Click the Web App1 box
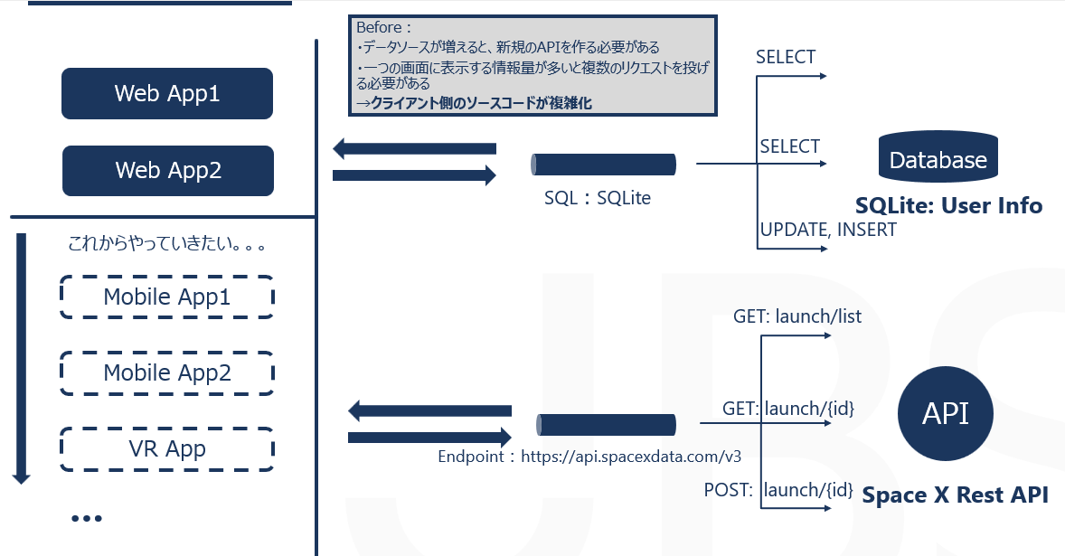tap(167, 93)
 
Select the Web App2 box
tap(167, 170)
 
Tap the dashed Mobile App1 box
tap(167, 297)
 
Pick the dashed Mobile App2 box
tap(167, 372)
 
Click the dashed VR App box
tap(167, 448)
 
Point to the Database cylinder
tap(938, 158)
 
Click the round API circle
tap(945, 414)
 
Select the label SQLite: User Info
tap(948, 206)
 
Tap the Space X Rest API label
tap(955, 495)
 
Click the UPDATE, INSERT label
tap(828, 230)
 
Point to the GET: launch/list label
tap(796, 316)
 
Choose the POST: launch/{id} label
tap(778, 490)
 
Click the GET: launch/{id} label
tap(788, 409)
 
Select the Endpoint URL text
tap(595, 456)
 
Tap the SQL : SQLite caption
tap(597, 197)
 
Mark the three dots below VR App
tap(86, 518)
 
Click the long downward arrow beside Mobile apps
tap(22, 358)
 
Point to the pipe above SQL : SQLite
tap(603, 165)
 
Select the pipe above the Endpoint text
tap(606, 424)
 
